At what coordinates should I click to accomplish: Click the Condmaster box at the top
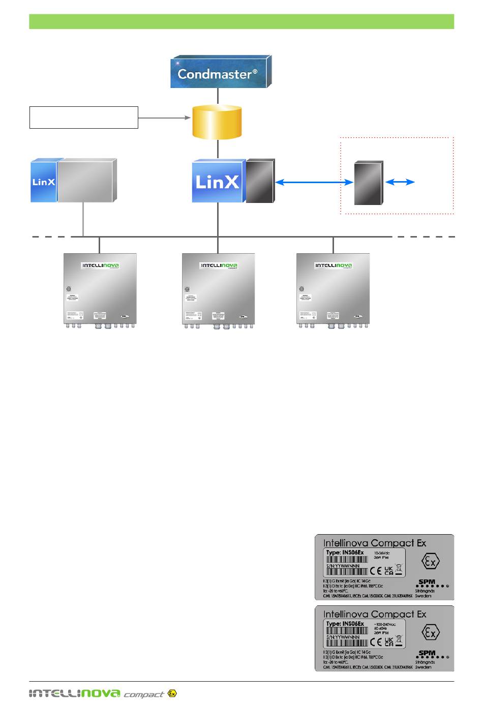[x=219, y=73]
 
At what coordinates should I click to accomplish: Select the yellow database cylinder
[x=217, y=122]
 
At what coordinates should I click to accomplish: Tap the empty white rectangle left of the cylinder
[x=84, y=118]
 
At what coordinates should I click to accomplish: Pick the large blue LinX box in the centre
[x=217, y=182]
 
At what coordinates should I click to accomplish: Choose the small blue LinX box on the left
[x=44, y=181]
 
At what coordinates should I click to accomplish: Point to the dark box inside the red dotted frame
[x=368, y=183]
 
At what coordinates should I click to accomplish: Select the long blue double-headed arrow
[x=314, y=182]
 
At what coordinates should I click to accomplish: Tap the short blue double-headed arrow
[x=401, y=182]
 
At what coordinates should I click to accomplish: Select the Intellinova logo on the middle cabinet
[x=219, y=266]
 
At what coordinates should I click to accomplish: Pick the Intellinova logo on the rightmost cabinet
[x=334, y=266]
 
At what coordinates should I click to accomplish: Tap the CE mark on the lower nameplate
[x=376, y=642]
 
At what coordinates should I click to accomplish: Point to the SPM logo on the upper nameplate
[x=427, y=582]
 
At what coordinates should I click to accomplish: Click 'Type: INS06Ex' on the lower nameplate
[x=345, y=624]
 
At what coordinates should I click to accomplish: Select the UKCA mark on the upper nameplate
[x=388, y=571]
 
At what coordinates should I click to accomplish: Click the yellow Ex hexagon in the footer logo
[x=172, y=693]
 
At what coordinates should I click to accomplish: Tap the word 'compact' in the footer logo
[x=144, y=694]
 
